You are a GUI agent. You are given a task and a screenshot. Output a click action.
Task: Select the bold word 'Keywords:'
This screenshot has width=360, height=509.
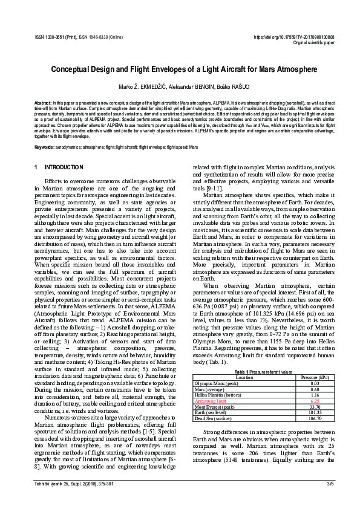(x=45, y=148)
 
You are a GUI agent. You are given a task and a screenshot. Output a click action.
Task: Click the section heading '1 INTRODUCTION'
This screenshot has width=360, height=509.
(x=59, y=167)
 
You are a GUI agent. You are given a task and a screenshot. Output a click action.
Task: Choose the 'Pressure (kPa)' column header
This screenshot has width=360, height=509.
(x=315, y=360)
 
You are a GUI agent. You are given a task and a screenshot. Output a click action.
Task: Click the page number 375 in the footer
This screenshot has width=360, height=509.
(x=330, y=484)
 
